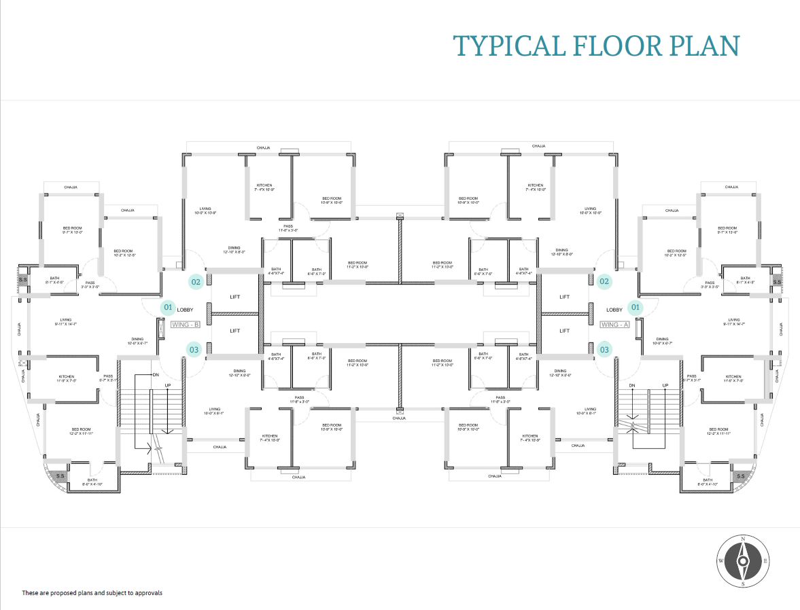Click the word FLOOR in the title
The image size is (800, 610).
pos(616,46)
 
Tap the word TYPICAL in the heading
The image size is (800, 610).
pos(508,46)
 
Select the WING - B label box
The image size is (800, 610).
pos(185,325)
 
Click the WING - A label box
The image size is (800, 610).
pos(614,325)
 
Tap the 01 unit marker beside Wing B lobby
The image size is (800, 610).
pos(168,308)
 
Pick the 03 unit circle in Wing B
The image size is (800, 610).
pos(194,350)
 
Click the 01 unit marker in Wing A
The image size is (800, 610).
pos(636,308)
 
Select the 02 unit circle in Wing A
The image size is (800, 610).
pos(604,281)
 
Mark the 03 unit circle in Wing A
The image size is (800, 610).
pos(604,350)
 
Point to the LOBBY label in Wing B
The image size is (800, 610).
pos(186,310)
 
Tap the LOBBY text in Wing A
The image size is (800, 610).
pos(614,310)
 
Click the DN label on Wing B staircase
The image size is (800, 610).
pos(155,375)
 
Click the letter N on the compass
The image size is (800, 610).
pos(743,539)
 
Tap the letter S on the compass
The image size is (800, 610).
pos(743,584)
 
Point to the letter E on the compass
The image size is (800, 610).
pos(766,561)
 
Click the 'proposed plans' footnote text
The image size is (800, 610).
pos(92,593)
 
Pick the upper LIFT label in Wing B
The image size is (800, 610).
pos(235,297)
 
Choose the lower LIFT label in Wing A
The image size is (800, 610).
pos(564,331)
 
